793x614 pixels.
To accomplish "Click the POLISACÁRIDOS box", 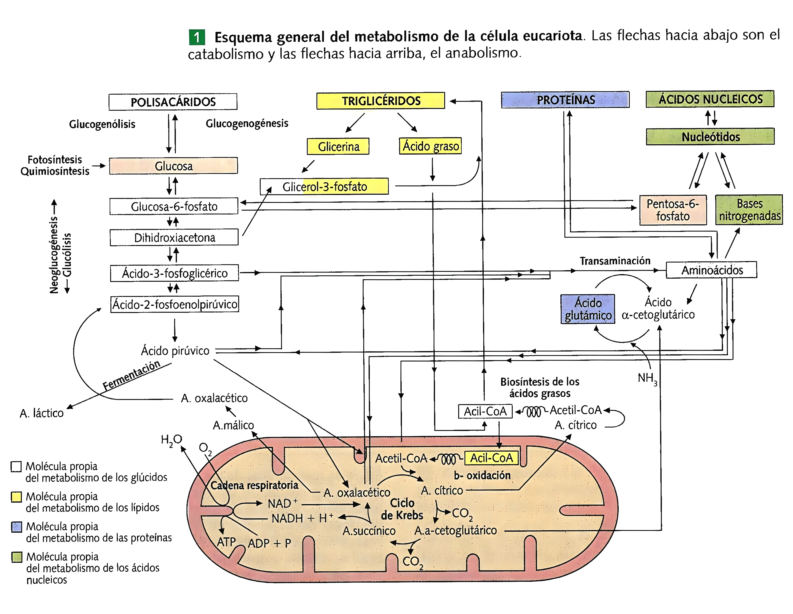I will pyautogui.click(x=173, y=102).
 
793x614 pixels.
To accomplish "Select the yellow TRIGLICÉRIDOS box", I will pyautogui.click(x=380, y=101).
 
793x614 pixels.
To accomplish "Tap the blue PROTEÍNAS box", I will pyautogui.click(x=565, y=99).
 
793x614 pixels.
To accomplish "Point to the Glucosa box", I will pyautogui.click(x=174, y=166).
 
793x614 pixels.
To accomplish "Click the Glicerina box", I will pyautogui.click(x=338, y=146).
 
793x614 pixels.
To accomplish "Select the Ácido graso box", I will pyautogui.click(x=430, y=146).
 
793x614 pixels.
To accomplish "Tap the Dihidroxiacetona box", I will pyautogui.click(x=174, y=237).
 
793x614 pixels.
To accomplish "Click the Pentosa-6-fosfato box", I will pyautogui.click(x=673, y=210).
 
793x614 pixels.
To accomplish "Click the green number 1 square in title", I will pyautogui.click(x=197, y=37).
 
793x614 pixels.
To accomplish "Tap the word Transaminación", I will pyautogui.click(x=615, y=261).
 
